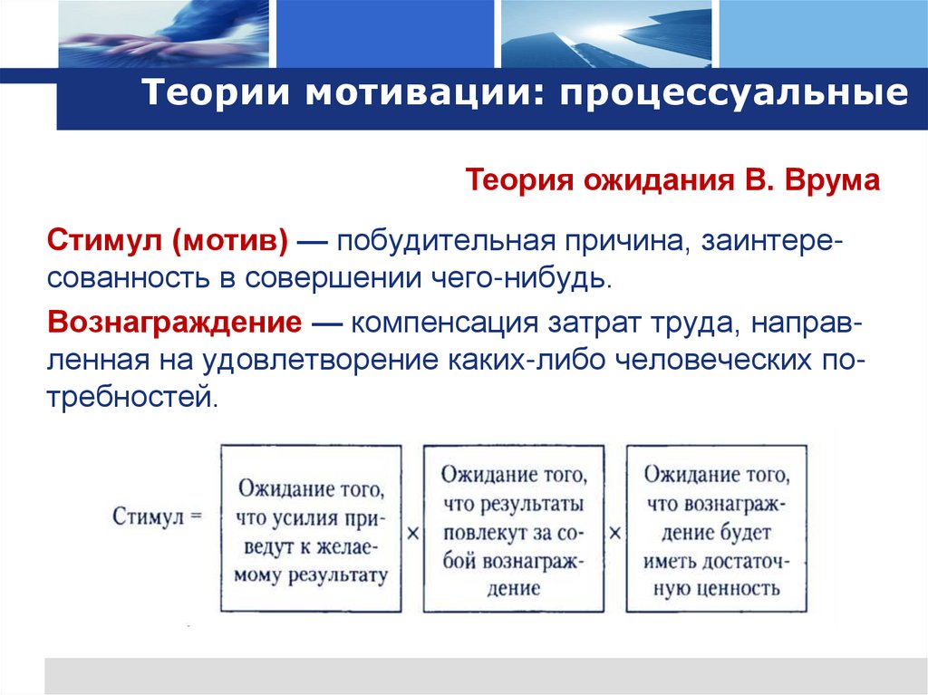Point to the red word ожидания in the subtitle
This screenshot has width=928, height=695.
pyautogui.click(x=648, y=180)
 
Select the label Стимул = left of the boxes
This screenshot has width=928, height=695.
pyautogui.click(x=155, y=517)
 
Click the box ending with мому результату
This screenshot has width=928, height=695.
pyautogui.click(x=311, y=527)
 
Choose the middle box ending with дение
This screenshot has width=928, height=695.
pyautogui.click(x=513, y=527)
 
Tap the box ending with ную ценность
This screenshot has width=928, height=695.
pyautogui.click(x=716, y=527)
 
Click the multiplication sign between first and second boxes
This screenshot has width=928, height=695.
pyautogui.click(x=412, y=534)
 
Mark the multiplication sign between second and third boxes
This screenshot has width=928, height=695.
pyautogui.click(x=615, y=534)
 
